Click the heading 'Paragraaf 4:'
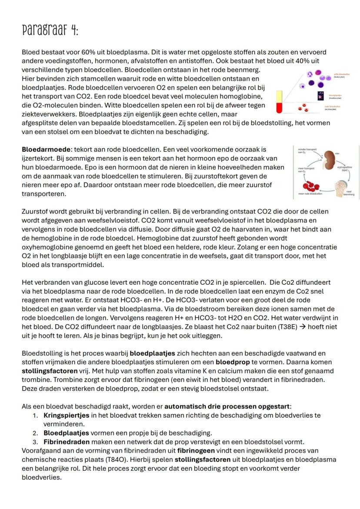pos(50,31)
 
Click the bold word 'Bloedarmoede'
pos(42,149)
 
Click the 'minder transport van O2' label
pos(306,151)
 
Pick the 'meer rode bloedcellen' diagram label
pos(310,193)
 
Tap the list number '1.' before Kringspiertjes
pos(36,415)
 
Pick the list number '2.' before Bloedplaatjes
pos(36,433)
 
